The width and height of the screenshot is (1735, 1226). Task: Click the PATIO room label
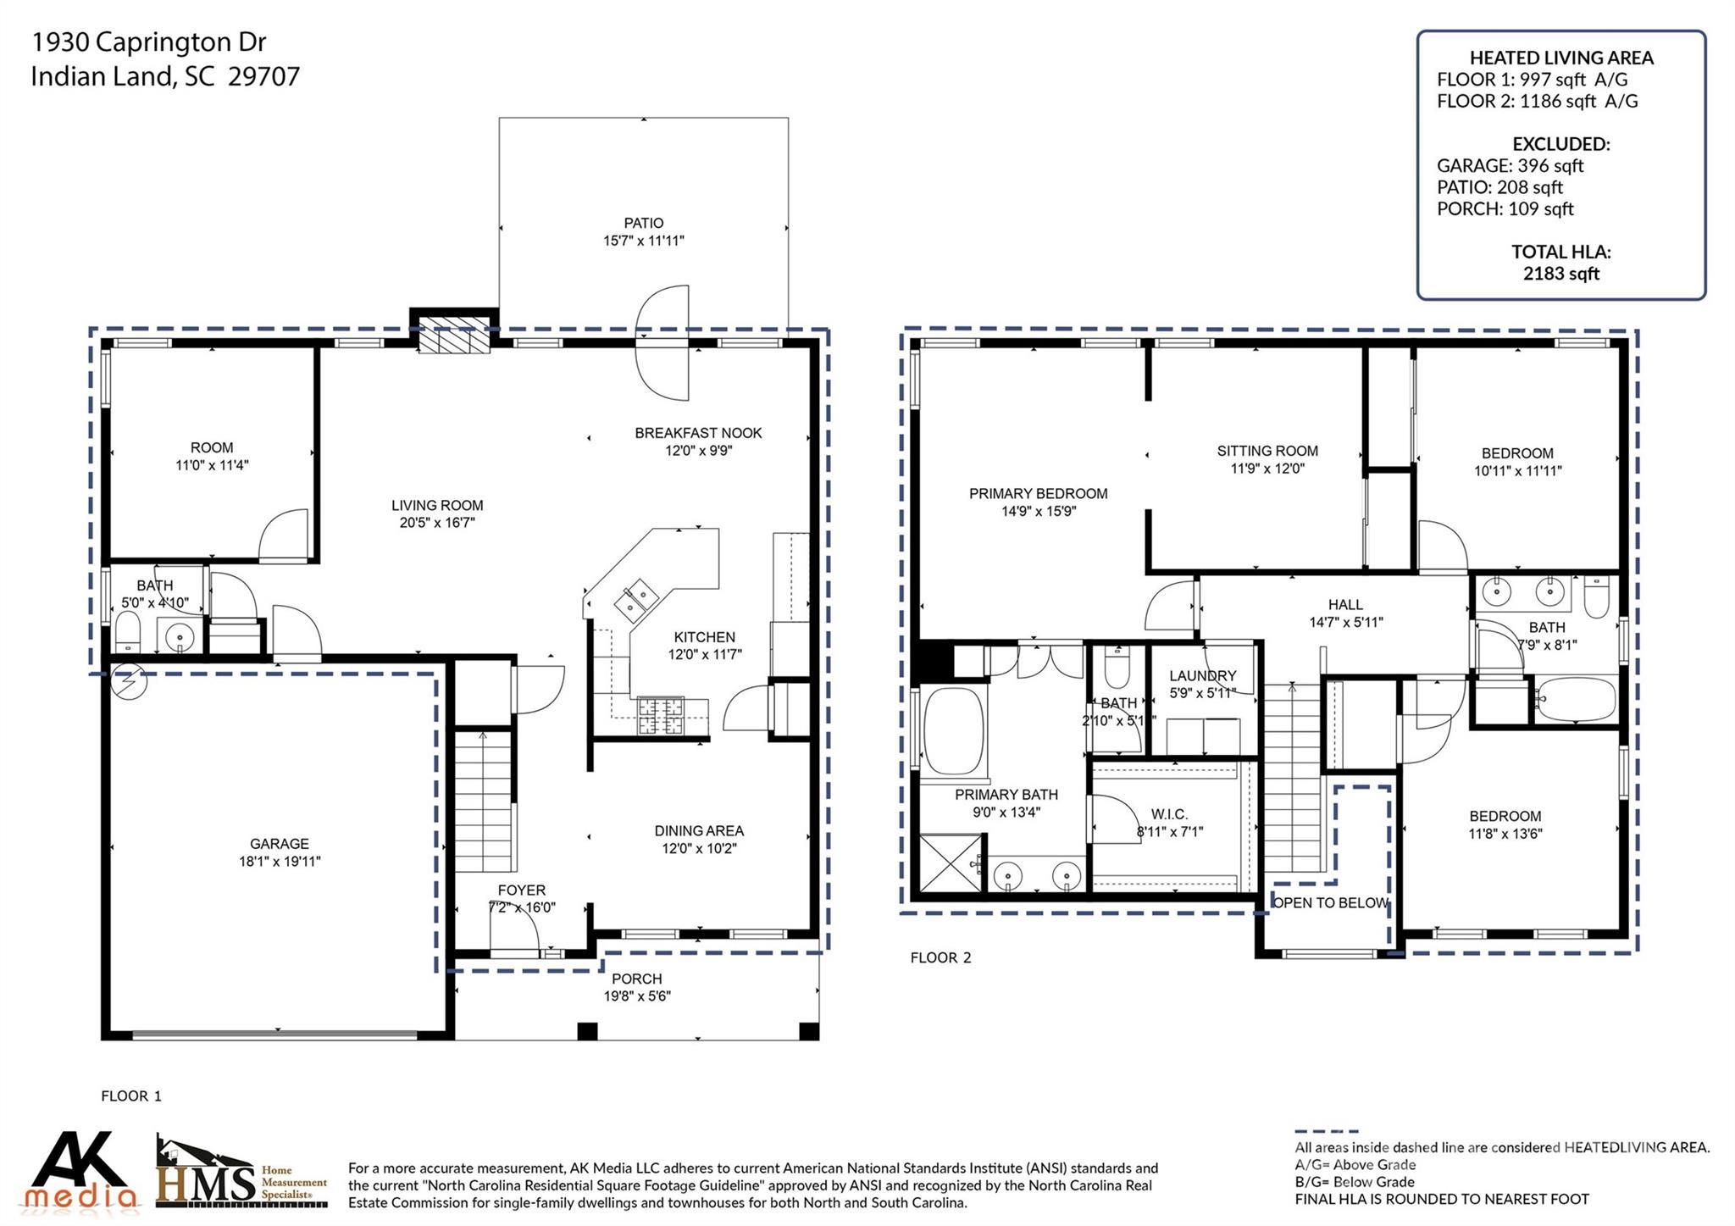click(x=644, y=223)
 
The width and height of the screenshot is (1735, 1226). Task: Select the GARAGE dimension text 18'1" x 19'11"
click(x=280, y=862)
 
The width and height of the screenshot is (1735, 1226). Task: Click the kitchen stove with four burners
click(x=661, y=714)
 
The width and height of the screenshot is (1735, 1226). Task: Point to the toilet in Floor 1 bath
click(x=127, y=633)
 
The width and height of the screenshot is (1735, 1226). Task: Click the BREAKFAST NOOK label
click(x=698, y=433)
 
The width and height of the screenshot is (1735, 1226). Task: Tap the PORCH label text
click(x=636, y=979)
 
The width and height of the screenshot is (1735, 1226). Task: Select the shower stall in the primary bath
click(x=951, y=863)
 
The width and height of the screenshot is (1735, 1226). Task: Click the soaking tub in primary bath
click(x=953, y=729)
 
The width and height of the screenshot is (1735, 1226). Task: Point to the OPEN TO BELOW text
click(x=1329, y=903)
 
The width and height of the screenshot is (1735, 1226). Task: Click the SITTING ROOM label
click(x=1267, y=451)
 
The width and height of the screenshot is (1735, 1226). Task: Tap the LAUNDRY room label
click(x=1202, y=675)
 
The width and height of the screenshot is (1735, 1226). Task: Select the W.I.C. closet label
click(x=1169, y=814)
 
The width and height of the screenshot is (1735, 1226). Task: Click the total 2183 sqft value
click(x=1560, y=273)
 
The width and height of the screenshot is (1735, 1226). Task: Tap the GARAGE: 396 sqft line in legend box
click(x=1510, y=165)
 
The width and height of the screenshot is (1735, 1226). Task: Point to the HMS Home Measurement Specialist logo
click(x=241, y=1173)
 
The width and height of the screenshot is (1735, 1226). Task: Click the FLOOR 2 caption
click(x=940, y=957)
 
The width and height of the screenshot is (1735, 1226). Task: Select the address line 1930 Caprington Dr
click(x=148, y=42)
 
